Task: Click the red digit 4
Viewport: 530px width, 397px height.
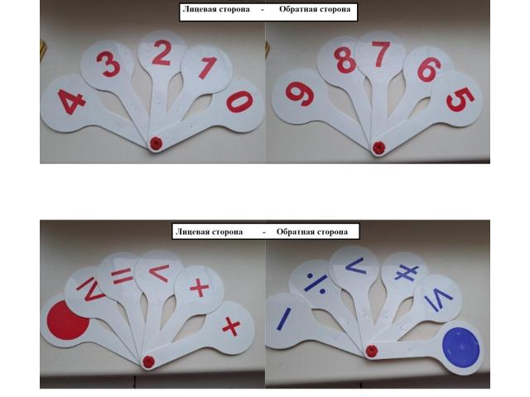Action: pos(72,101)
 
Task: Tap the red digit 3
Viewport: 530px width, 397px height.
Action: pos(108,64)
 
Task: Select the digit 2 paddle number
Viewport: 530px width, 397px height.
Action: pos(161,53)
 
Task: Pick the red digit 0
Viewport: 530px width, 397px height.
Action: pos(239,101)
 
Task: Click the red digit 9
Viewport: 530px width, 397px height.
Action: pos(299,94)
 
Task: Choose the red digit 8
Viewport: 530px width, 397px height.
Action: pos(344,60)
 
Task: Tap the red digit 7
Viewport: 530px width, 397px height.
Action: pos(381,54)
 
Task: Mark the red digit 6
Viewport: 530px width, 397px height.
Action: pos(429,69)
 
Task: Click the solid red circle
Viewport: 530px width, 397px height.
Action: pos(69,319)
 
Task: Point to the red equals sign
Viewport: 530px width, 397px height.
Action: pos(123,277)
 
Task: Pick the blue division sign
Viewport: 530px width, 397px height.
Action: pos(316,283)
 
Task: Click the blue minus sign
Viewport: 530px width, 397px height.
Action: pos(284,318)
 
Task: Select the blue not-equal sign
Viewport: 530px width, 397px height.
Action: pos(407,273)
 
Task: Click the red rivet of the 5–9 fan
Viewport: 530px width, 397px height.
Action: pos(378,147)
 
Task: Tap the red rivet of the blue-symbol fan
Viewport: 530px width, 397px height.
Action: pos(371,351)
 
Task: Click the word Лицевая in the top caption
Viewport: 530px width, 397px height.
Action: pos(199,9)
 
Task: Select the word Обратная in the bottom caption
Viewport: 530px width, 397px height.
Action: pos(292,232)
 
